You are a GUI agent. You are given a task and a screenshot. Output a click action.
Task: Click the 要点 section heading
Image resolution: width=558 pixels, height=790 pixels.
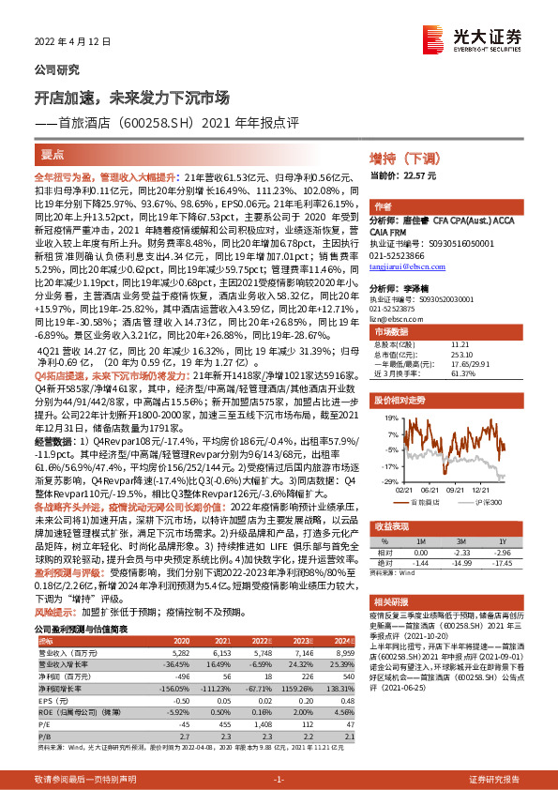click(53, 156)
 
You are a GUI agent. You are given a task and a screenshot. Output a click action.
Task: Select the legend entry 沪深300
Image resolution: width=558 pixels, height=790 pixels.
click(483, 502)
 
